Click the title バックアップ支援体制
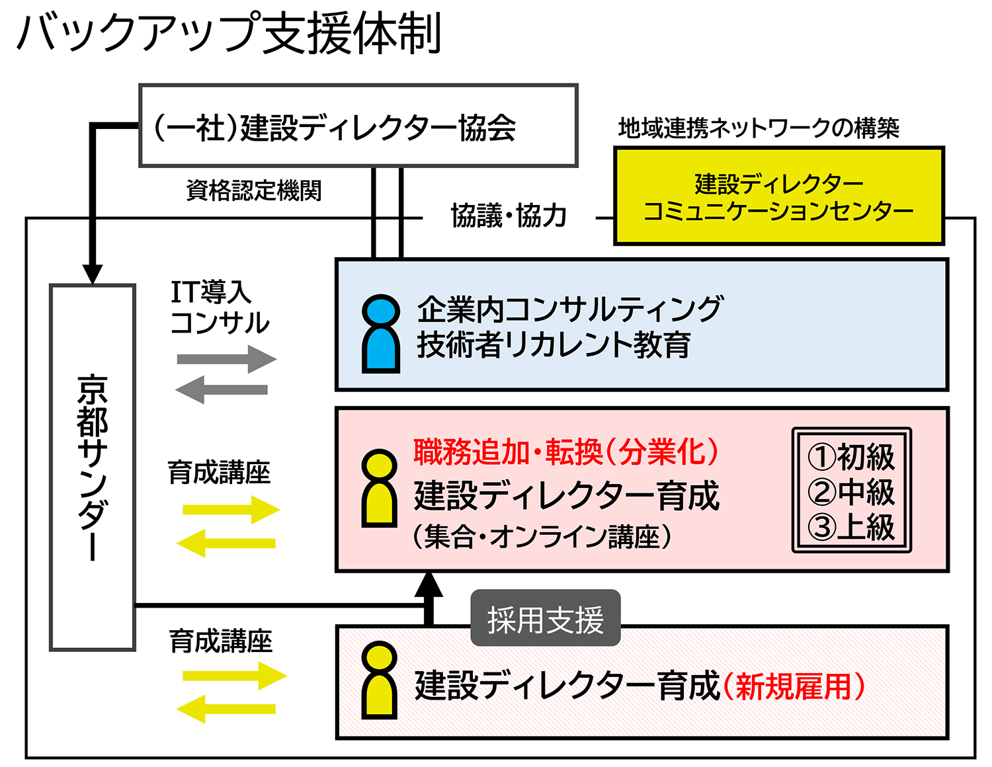(x=229, y=33)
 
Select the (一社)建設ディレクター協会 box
(x=358, y=126)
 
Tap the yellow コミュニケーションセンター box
(x=778, y=196)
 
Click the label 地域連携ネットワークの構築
(x=759, y=128)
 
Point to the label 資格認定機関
(x=254, y=190)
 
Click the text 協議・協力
(x=509, y=216)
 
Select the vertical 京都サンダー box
(x=93, y=467)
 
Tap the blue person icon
(x=381, y=334)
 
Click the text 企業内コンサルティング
(x=570, y=309)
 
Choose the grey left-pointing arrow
(x=222, y=389)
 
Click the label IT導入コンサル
(x=219, y=307)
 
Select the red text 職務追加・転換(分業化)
(x=566, y=452)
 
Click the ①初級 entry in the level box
(x=851, y=456)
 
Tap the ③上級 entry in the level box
(x=851, y=527)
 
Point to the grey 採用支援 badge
(x=545, y=619)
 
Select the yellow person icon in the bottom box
(x=380, y=681)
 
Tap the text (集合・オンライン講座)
(x=542, y=536)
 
